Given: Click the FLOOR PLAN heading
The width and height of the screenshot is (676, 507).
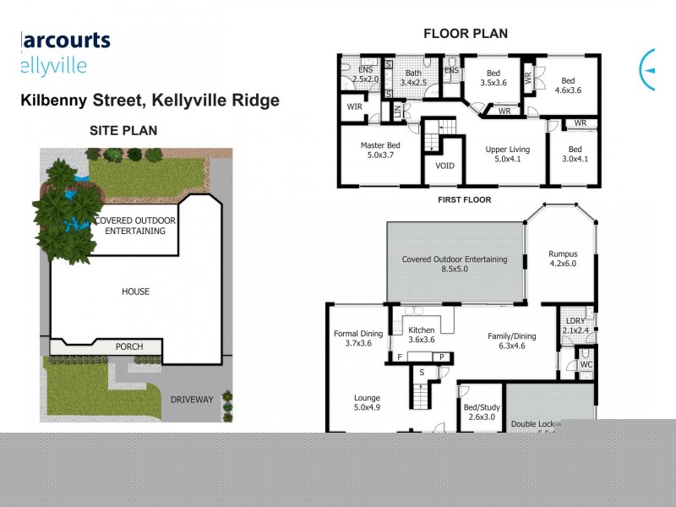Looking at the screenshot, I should click(x=465, y=34).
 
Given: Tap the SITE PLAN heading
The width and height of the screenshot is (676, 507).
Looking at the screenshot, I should click(x=123, y=130).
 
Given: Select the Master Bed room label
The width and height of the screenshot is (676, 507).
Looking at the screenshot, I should click(x=380, y=150).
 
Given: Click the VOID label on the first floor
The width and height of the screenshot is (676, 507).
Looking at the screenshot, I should click(x=444, y=166).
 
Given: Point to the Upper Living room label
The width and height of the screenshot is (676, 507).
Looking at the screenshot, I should click(x=507, y=155).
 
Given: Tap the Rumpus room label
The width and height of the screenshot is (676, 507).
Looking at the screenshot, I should click(x=562, y=257).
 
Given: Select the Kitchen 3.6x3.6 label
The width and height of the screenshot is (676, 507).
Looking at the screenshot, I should click(x=421, y=335).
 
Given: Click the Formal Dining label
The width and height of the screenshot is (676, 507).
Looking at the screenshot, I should click(x=358, y=338).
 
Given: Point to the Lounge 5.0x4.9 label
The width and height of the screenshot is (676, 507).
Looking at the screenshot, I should click(x=367, y=402).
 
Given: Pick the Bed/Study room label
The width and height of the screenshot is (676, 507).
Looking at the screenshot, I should click(x=480, y=412).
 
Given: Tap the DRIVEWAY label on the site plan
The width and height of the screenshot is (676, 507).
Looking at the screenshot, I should click(x=192, y=399).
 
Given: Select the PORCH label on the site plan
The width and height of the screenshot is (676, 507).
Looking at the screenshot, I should click(x=129, y=346).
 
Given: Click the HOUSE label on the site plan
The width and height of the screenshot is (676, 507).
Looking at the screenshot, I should click(x=135, y=292).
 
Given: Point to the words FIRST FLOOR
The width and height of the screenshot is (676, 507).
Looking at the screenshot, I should click(x=464, y=200).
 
